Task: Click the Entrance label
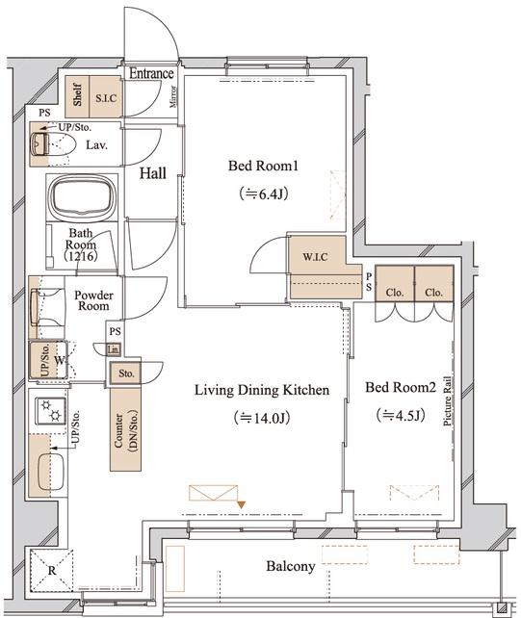tap(151, 73)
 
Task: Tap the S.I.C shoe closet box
tap(106, 96)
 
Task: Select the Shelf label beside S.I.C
tap(78, 94)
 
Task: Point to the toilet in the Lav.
tap(53, 144)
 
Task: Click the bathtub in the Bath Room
tap(82, 196)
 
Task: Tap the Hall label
tap(152, 173)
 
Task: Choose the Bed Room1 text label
tap(263, 166)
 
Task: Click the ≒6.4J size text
tap(263, 193)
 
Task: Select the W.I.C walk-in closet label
tap(315, 257)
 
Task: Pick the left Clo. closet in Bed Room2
tap(395, 283)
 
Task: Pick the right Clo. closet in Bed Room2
tap(433, 283)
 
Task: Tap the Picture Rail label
tap(447, 401)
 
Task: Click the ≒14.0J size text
tap(262, 418)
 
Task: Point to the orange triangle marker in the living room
tap(242, 504)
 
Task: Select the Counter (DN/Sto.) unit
tap(125, 429)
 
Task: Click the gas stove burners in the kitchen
tap(50, 411)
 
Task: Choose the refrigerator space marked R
tap(52, 571)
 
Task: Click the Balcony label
tap(291, 566)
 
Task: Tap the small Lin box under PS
tap(114, 349)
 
